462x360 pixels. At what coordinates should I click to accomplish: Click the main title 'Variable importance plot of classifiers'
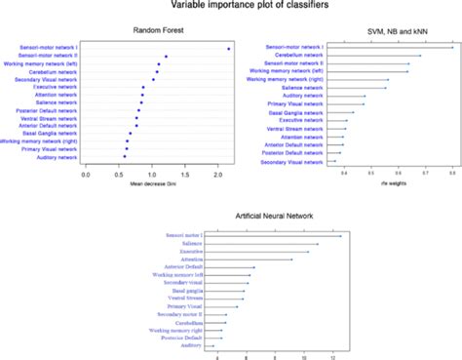click(x=230, y=7)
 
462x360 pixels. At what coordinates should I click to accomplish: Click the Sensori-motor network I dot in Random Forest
click(x=228, y=48)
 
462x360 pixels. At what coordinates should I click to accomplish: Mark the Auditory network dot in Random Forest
click(x=124, y=156)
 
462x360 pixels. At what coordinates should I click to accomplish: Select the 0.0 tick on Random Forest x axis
click(x=87, y=174)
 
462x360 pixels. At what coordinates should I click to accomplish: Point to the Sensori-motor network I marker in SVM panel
click(x=452, y=48)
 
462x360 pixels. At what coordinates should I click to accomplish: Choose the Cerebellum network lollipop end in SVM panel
click(x=420, y=56)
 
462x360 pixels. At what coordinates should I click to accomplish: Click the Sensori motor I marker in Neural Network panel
click(x=340, y=235)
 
